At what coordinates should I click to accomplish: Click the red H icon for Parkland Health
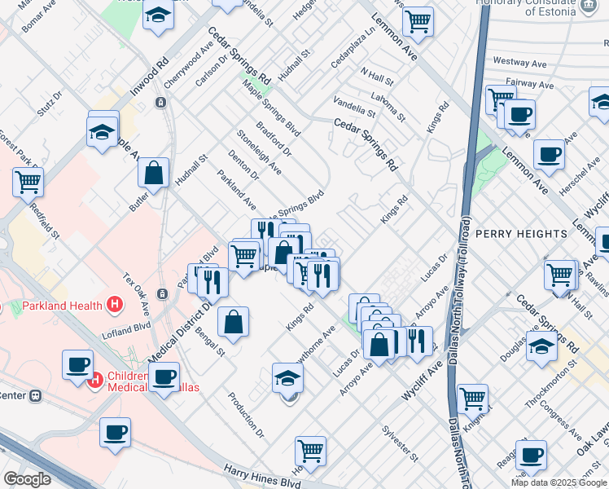pos(115,306)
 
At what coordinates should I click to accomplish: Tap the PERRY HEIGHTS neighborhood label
pos(521,234)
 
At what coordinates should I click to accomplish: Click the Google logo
pos(27,479)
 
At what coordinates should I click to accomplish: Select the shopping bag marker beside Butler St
pos(153,174)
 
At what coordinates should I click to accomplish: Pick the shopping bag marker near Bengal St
pos(233,322)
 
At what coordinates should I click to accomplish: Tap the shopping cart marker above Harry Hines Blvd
pos(310,450)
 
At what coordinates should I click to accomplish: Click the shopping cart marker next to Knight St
pos(472,399)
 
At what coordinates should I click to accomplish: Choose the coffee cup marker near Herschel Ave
pos(549,155)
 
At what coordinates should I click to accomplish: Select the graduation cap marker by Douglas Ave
pos(541,346)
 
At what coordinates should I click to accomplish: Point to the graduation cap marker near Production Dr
pos(287,379)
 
